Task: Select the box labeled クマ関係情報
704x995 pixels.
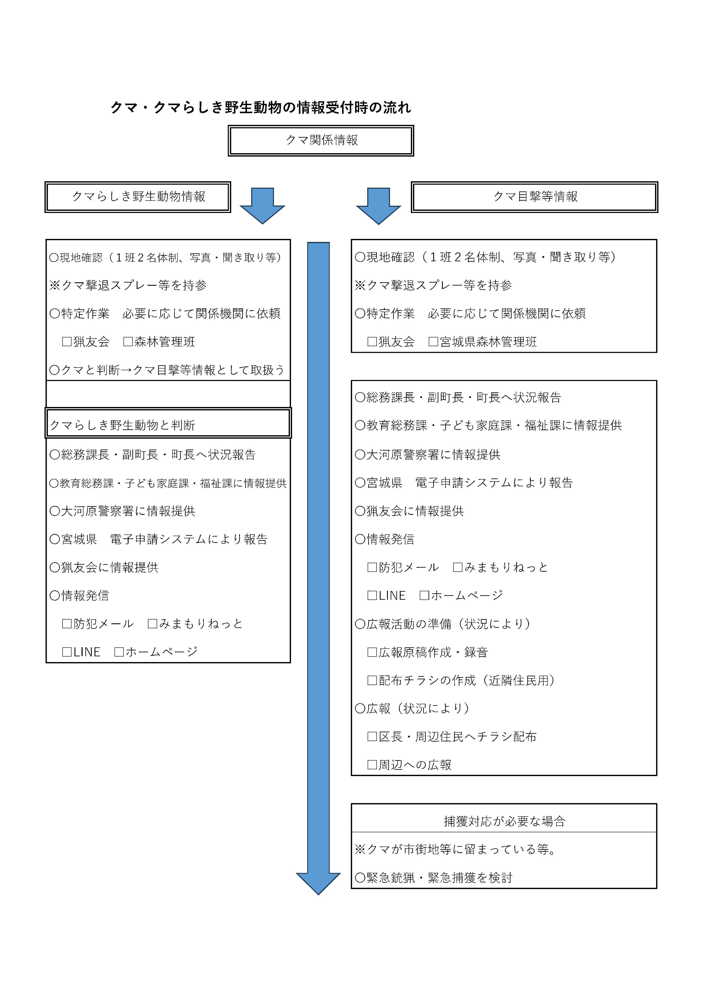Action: (321, 140)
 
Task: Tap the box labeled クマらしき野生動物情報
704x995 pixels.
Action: (138, 197)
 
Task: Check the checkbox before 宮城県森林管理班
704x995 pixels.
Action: (433, 342)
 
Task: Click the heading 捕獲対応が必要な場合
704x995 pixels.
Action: (504, 821)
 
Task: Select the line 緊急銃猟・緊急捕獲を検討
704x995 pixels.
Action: (434, 878)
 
